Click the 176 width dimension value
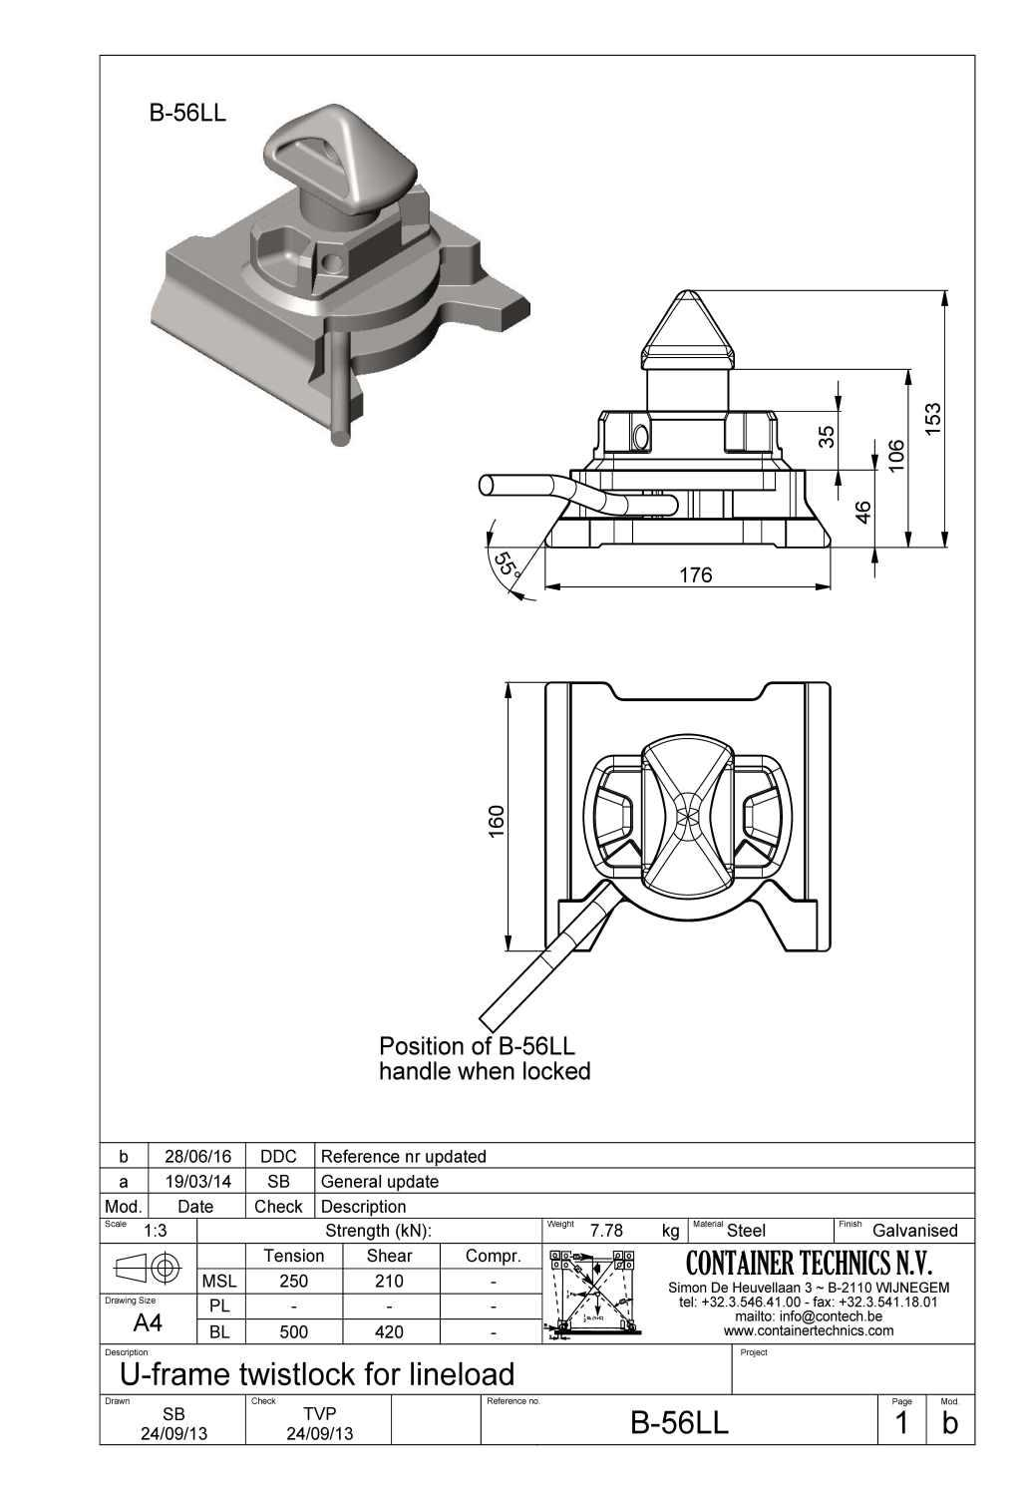[695, 575]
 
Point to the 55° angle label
[507, 565]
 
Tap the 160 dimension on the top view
[497, 821]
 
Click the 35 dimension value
[827, 436]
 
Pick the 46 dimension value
[864, 512]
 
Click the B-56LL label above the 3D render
[187, 113]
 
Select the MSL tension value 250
[293, 1282]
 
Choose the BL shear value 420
[389, 1331]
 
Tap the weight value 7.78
[606, 1231]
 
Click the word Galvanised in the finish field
[914, 1231]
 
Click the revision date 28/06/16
[196, 1157]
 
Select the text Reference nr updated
[403, 1157]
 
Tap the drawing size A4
[148, 1323]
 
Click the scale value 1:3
[156, 1231]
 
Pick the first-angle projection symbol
[148, 1269]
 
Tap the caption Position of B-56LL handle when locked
[485, 1059]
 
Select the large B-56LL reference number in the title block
[680, 1423]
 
